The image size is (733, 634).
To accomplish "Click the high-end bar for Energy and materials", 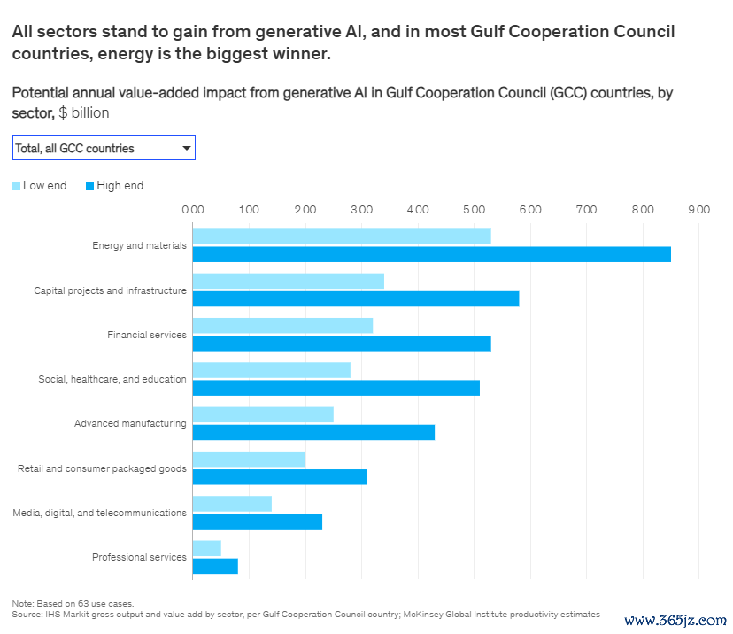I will [431, 254].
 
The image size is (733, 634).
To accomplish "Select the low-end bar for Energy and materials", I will [341, 236].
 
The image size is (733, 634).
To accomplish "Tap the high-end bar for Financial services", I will [341, 344].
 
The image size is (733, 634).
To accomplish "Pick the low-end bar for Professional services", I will [206, 548].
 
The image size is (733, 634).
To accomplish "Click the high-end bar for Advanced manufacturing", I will [313, 432].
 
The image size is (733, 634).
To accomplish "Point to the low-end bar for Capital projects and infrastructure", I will [288, 281].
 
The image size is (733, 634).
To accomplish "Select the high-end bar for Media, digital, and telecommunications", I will [257, 522].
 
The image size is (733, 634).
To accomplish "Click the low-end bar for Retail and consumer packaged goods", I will [249, 459].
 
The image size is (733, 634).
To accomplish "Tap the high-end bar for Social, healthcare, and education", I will [336, 388].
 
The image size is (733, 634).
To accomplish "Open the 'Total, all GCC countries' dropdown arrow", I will [186, 149].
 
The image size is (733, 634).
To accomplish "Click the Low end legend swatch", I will [17, 186].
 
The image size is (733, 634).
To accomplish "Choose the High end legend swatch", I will [90, 186].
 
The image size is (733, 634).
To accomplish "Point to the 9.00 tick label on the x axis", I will [698, 210].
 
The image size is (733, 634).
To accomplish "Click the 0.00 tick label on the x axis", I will [192, 210].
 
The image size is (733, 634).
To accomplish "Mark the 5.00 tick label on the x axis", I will [474, 210].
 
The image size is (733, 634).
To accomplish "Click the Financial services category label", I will [147, 335].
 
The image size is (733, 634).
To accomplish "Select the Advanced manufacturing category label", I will [130, 423].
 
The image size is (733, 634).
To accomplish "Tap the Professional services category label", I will [139, 557].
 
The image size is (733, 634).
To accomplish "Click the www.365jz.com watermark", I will [675, 621].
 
